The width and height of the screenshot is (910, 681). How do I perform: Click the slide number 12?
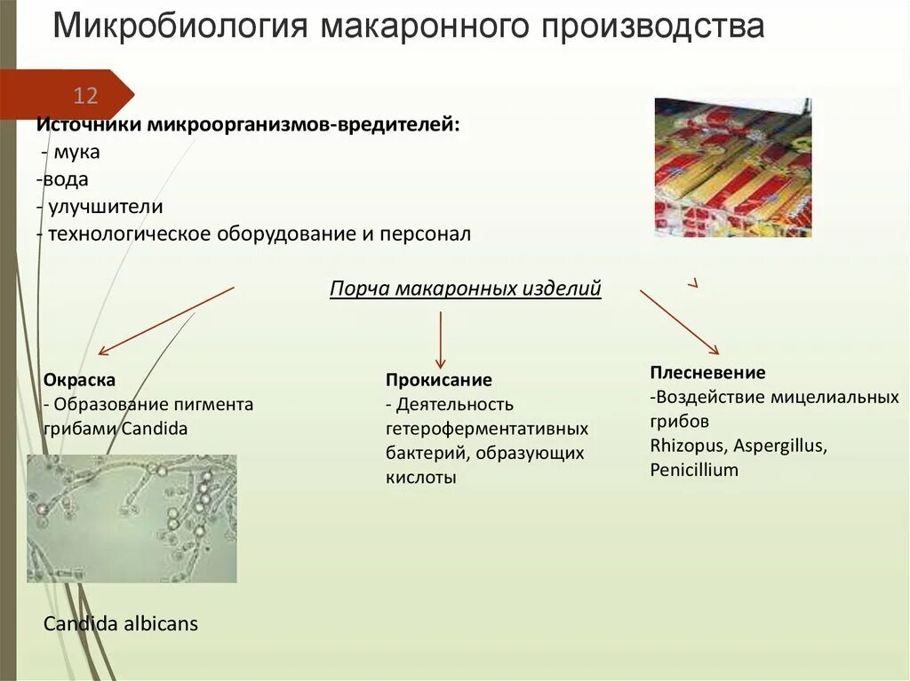click(85, 96)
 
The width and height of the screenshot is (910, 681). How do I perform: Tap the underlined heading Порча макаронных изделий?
click(466, 289)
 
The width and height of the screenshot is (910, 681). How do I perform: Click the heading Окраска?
click(79, 379)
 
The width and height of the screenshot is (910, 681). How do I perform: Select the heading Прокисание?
click(438, 380)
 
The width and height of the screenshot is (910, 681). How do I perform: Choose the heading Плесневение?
click(707, 373)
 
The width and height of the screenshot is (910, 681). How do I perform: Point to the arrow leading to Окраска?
click(165, 321)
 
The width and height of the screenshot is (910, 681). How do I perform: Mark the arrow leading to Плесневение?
click(680, 322)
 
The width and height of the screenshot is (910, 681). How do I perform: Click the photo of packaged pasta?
click(733, 167)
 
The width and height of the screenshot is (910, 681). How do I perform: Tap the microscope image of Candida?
click(132, 519)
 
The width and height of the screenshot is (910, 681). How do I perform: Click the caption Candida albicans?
click(121, 624)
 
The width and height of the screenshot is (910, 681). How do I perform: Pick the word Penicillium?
click(694, 470)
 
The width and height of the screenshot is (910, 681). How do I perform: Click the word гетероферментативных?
click(487, 429)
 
